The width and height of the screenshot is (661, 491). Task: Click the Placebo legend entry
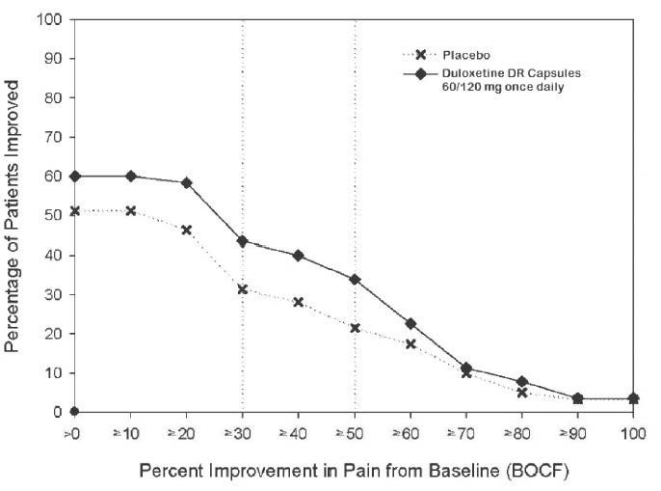[452, 57]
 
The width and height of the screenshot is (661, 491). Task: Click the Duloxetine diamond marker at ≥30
[242, 241]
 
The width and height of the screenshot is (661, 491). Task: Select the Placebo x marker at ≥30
[242, 289]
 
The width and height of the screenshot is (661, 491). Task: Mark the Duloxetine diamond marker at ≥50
[355, 280]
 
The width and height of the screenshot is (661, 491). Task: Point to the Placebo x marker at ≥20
[186, 230]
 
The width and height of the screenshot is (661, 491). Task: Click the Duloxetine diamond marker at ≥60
[410, 324]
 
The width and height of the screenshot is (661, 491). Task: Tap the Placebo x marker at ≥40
[299, 302]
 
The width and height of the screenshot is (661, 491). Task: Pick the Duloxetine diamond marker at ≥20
[186, 183]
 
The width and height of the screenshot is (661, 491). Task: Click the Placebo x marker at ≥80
[521, 393]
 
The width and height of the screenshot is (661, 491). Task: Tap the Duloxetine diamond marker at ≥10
[130, 177]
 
